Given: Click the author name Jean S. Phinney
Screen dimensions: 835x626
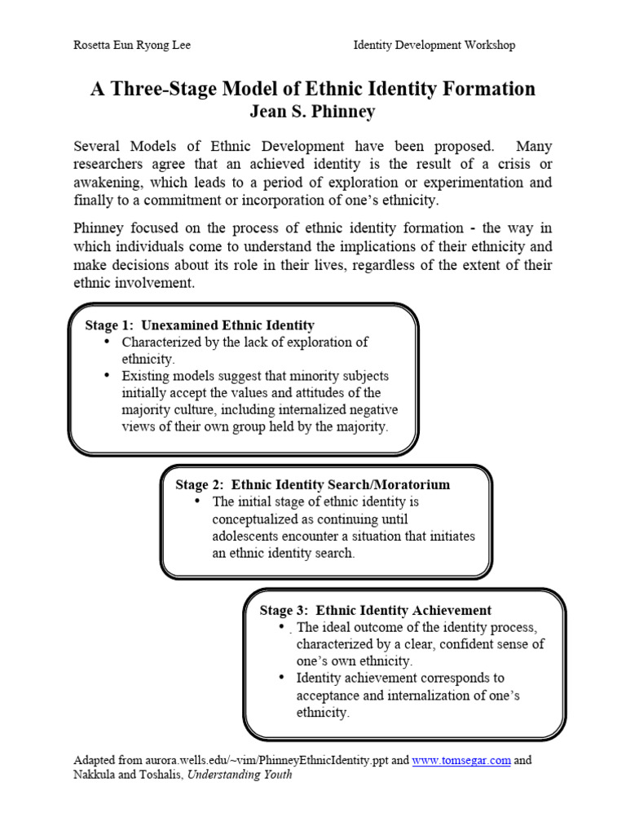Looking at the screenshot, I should pos(312,111).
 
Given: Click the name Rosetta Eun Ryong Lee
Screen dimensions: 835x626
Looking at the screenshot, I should pos(132,46).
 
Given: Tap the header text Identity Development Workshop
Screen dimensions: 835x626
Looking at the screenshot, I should pos(434,46).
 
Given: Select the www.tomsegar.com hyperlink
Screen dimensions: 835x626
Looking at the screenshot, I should pos(461,760).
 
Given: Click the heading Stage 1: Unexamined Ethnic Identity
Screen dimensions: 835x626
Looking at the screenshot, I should pos(200,325).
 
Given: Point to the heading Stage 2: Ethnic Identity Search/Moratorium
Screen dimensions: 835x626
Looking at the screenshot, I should pos(312,484).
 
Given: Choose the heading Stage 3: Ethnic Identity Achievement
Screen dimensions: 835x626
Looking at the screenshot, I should pos(375,610).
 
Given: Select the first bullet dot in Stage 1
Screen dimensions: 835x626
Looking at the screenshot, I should pos(108,342).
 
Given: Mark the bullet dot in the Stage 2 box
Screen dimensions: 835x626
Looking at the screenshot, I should pos(197,501).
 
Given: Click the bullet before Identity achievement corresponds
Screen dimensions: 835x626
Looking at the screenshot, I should pos(281,678).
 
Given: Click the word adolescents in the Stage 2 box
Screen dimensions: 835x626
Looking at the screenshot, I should pos(250,536).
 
